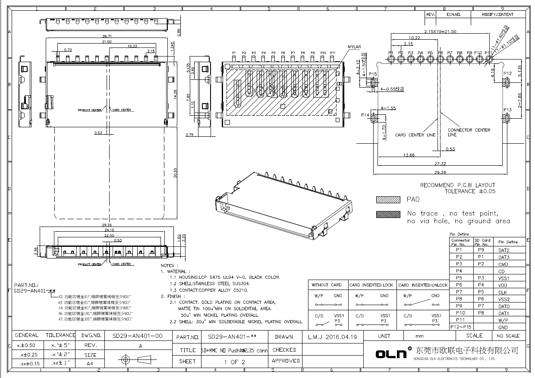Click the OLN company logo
pos(391,353)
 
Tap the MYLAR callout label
pos(354,47)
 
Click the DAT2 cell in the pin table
pos(504,250)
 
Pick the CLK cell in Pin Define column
pos(503,293)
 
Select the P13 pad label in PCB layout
pos(507,110)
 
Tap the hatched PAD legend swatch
pos(387,200)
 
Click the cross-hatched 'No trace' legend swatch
pos(387,214)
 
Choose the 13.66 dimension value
pos(408,155)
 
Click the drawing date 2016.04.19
pos(332,337)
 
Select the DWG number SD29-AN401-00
pos(137,335)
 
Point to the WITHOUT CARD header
pos(327,285)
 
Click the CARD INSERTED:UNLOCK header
pos(422,285)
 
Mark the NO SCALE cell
pos(508,336)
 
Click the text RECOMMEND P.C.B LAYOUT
pos(458,185)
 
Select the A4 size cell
pos(90,364)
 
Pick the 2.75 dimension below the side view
pos(189,135)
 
